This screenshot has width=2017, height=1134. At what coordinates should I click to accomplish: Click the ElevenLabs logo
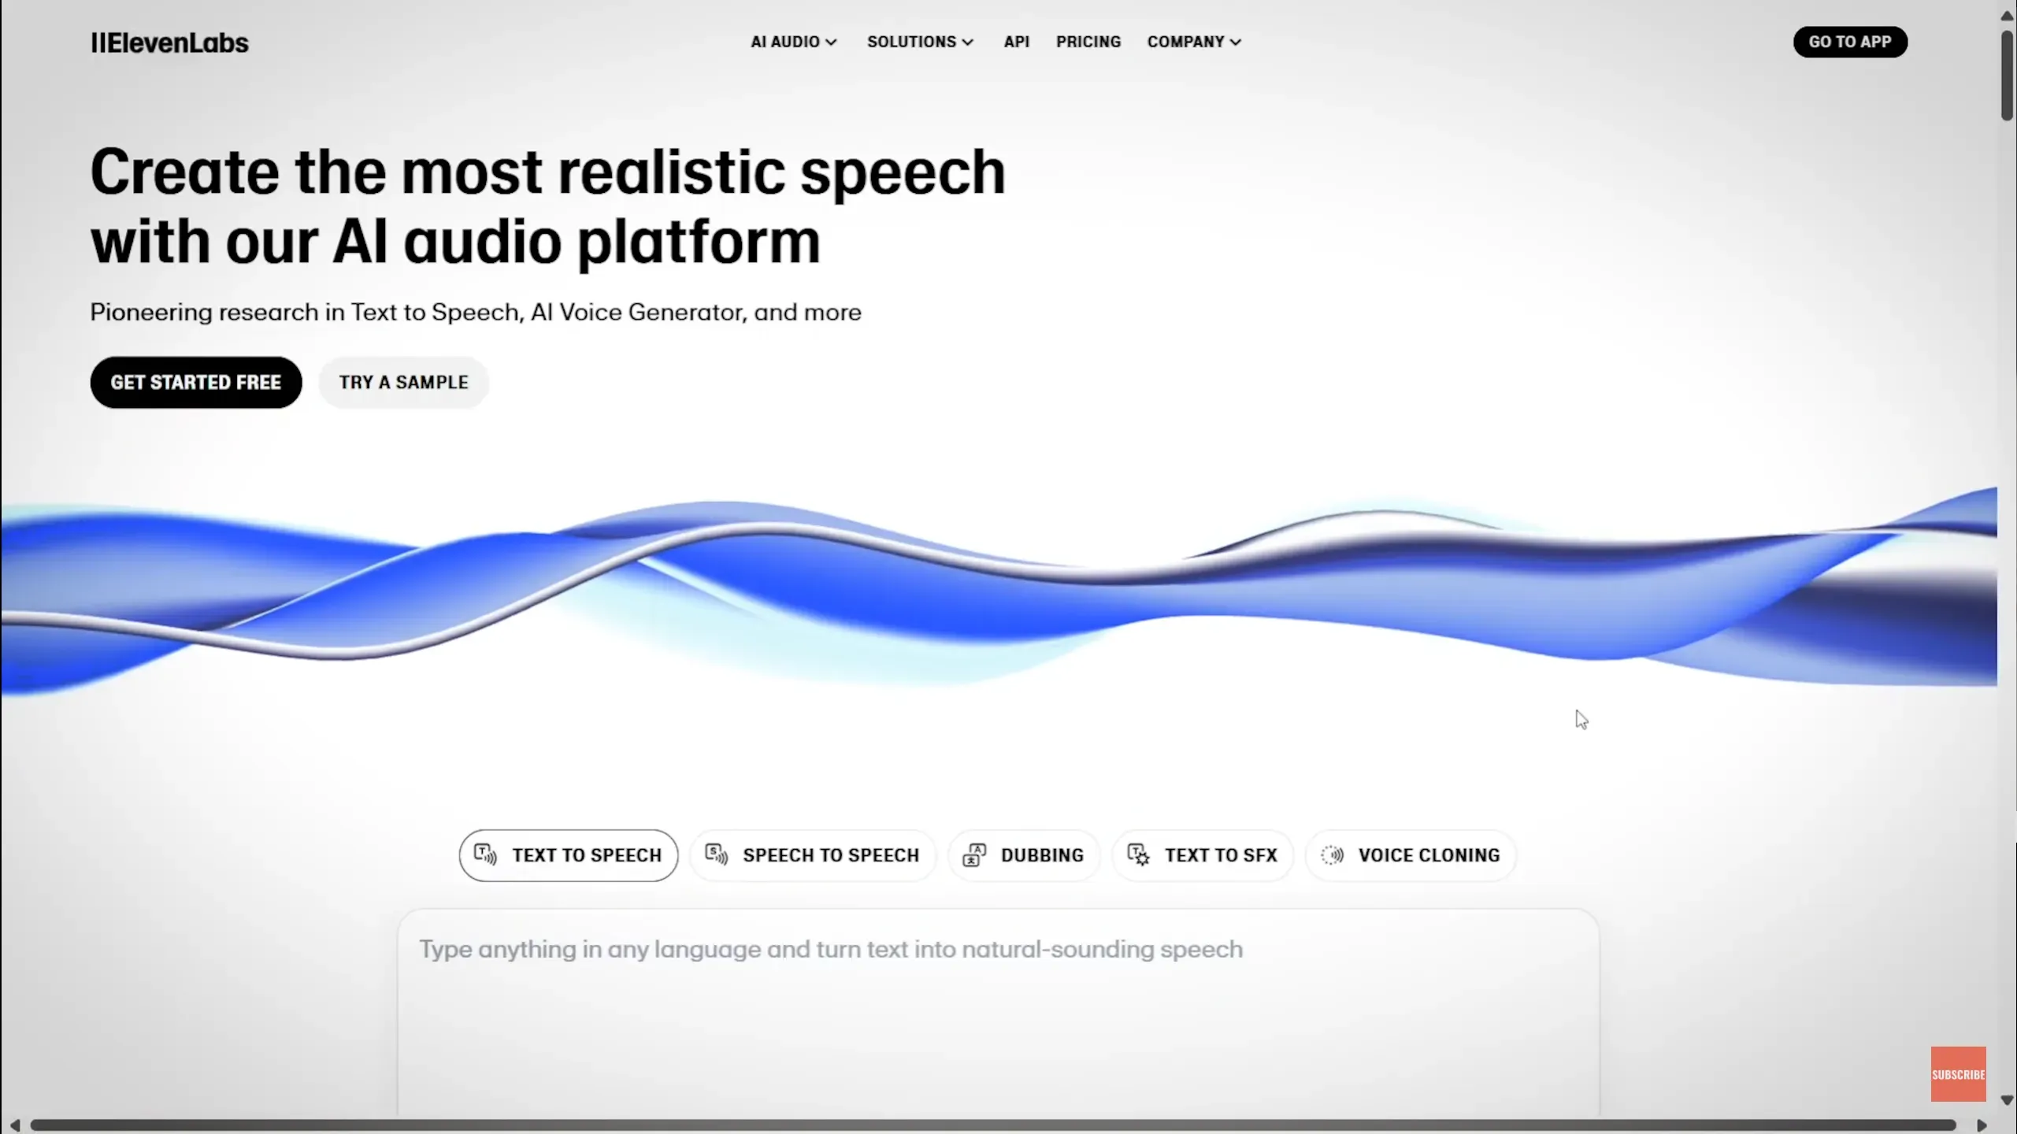point(169,43)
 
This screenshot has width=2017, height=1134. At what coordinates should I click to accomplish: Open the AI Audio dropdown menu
point(793,42)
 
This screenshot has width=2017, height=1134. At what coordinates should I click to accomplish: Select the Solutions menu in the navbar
point(920,42)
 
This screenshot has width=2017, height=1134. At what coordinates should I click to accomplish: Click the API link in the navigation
point(1016,42)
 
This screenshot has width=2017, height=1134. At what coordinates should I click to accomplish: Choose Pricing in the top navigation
point(1088,42)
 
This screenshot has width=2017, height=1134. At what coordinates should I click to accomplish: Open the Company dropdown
point(1194,42)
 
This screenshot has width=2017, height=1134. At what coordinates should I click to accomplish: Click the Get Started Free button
point(196,383)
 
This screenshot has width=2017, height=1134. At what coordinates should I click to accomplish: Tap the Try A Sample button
point(403,383)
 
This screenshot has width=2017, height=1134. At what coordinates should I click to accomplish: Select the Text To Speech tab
point(568,855)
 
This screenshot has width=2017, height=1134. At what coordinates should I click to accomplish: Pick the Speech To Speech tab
point(812,855)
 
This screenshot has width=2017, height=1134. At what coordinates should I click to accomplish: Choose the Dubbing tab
point(1023,855)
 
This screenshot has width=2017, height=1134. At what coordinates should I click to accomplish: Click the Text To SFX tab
point(1202,855)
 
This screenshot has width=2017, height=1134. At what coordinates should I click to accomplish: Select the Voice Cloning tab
point(1410,855)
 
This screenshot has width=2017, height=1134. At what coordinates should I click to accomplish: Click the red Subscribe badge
point(1958,1074)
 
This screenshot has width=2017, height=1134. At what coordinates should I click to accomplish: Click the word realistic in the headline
point(671,172)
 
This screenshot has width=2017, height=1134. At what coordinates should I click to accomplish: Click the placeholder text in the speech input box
point(831,950)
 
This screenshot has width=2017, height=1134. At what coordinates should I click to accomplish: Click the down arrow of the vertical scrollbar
point(2007,1100)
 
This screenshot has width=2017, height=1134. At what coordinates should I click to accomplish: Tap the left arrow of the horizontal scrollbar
point(15,1125)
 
